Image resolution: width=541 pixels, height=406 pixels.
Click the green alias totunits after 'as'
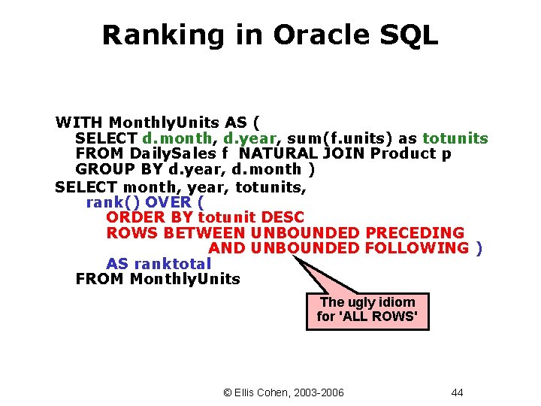(455, 138)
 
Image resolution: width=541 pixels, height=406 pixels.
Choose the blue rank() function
(113, 201)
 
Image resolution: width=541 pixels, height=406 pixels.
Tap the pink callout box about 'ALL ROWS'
(367, 310)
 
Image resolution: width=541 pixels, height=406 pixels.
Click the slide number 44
(457, 392)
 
